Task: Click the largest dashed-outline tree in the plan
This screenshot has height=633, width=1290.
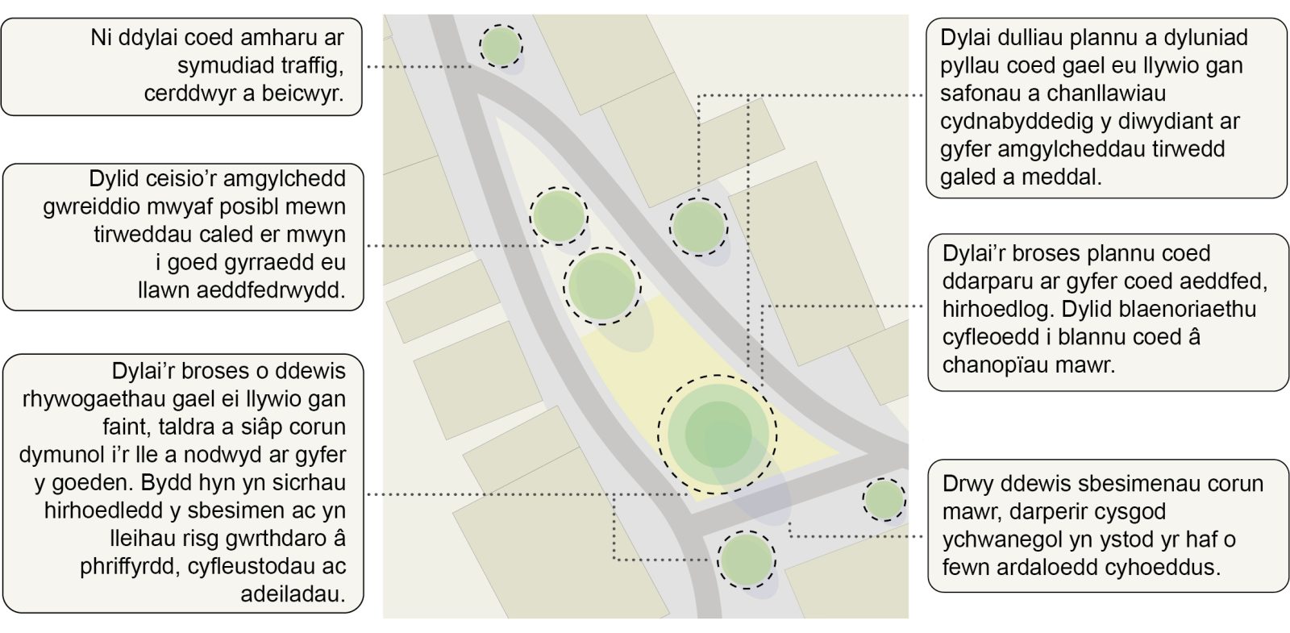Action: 718,434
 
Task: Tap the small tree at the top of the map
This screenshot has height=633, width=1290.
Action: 501,45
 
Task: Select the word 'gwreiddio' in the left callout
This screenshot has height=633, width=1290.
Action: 83,206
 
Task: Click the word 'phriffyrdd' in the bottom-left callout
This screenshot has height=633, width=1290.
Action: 130,567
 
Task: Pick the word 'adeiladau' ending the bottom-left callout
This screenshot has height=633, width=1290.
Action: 293,595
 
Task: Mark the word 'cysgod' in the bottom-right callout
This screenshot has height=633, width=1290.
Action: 1130,511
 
